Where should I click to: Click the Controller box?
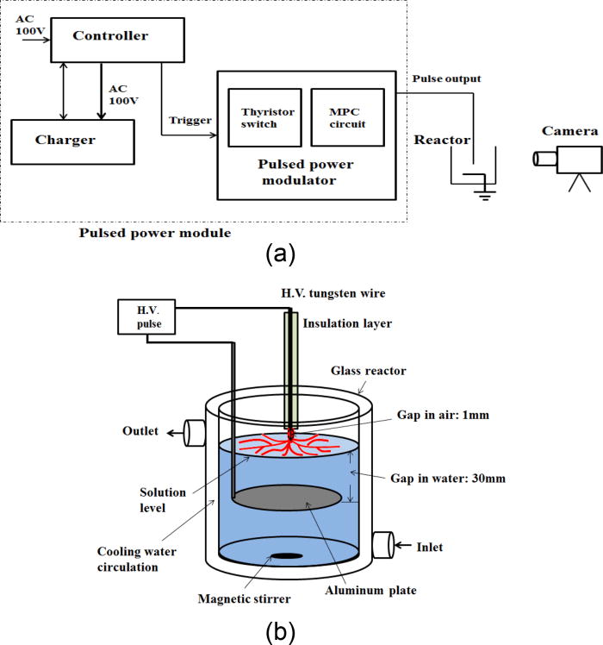(109, 36)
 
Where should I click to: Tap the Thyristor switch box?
(262, 116)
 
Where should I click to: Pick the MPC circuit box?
(343, 116)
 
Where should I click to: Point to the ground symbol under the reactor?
(486, 195)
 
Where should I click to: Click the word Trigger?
(189, 120)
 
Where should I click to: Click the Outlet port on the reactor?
(192, 431)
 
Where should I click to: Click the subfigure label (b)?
(282, 630)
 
